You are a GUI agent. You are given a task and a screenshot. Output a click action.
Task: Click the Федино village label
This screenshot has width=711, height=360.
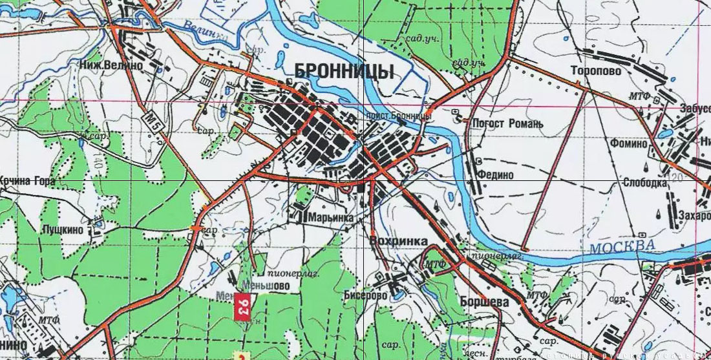[496, 175]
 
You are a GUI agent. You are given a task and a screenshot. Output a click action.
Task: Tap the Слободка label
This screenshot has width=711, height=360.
[644, 182]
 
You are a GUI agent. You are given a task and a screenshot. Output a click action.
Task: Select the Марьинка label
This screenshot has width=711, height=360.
[332, 218]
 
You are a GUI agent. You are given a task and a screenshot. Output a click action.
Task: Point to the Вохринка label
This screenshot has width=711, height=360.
[398, 240]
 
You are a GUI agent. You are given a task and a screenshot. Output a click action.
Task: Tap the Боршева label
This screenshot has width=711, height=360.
[485, 302]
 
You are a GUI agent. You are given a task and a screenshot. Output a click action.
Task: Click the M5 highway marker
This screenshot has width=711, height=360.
[153, 120]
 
